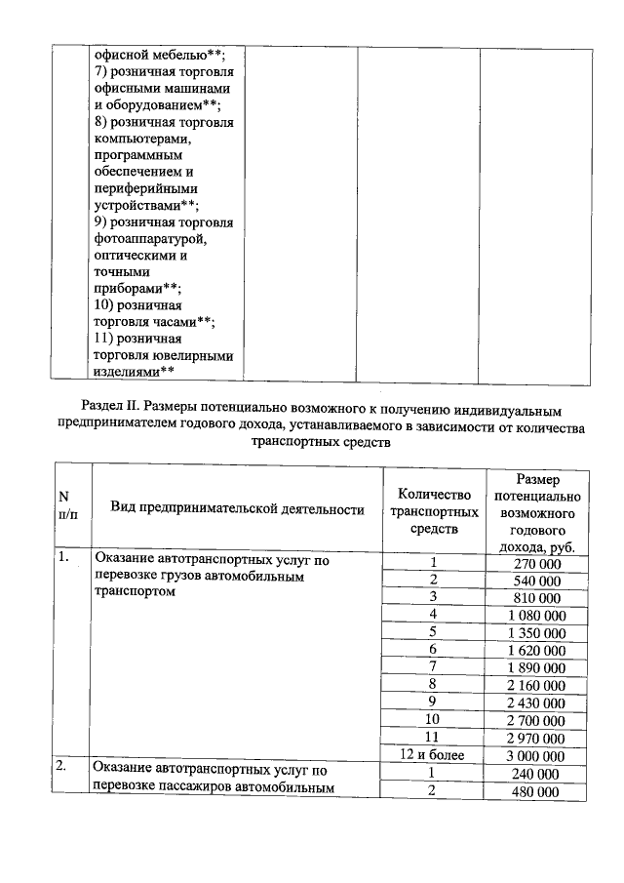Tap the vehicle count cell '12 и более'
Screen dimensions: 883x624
[434, 755]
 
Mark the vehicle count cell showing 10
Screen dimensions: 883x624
[434, 720]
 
